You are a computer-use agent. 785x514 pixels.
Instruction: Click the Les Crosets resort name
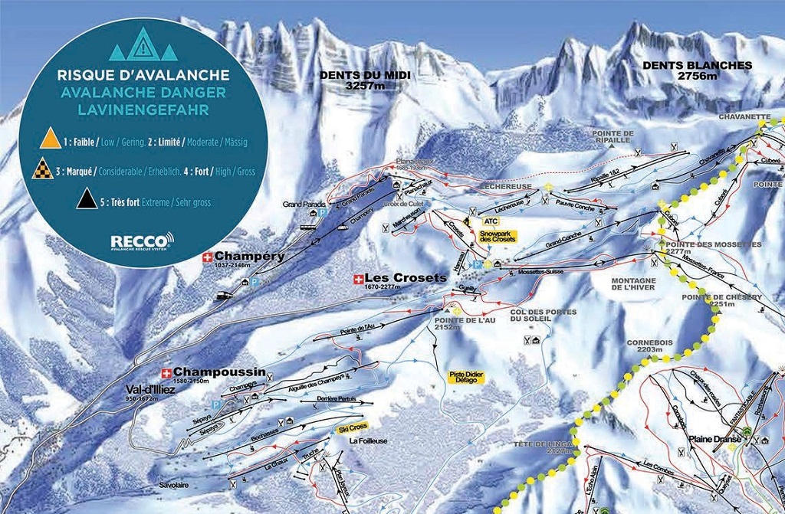[x=405, y=277]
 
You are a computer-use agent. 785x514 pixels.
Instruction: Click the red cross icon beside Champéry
[x=206, y=257]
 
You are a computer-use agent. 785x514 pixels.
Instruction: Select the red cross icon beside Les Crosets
[x=358, y=278]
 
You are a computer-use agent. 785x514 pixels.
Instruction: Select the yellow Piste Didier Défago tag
[x=467, y=378]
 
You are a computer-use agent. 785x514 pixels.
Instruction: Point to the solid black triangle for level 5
[x=84, y=201]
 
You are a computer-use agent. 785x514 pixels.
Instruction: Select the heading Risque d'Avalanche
[x=143, y=76]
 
